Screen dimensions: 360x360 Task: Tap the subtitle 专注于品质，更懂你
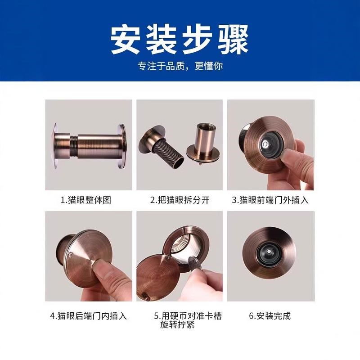coord(180,66)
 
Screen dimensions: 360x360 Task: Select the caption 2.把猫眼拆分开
coord(180,200)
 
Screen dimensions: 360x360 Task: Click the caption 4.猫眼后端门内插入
coord(88,315)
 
